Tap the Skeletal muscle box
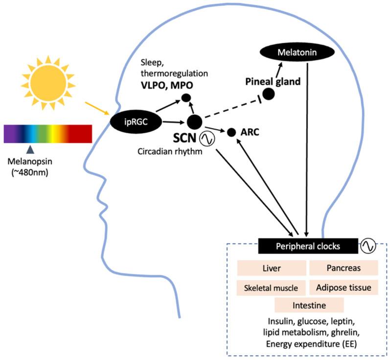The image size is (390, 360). tap(271, 287)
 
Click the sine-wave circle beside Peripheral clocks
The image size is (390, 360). tap(368, 246)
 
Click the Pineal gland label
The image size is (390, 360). tap(273, 82)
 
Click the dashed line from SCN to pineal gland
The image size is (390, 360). tap(230, 108)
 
